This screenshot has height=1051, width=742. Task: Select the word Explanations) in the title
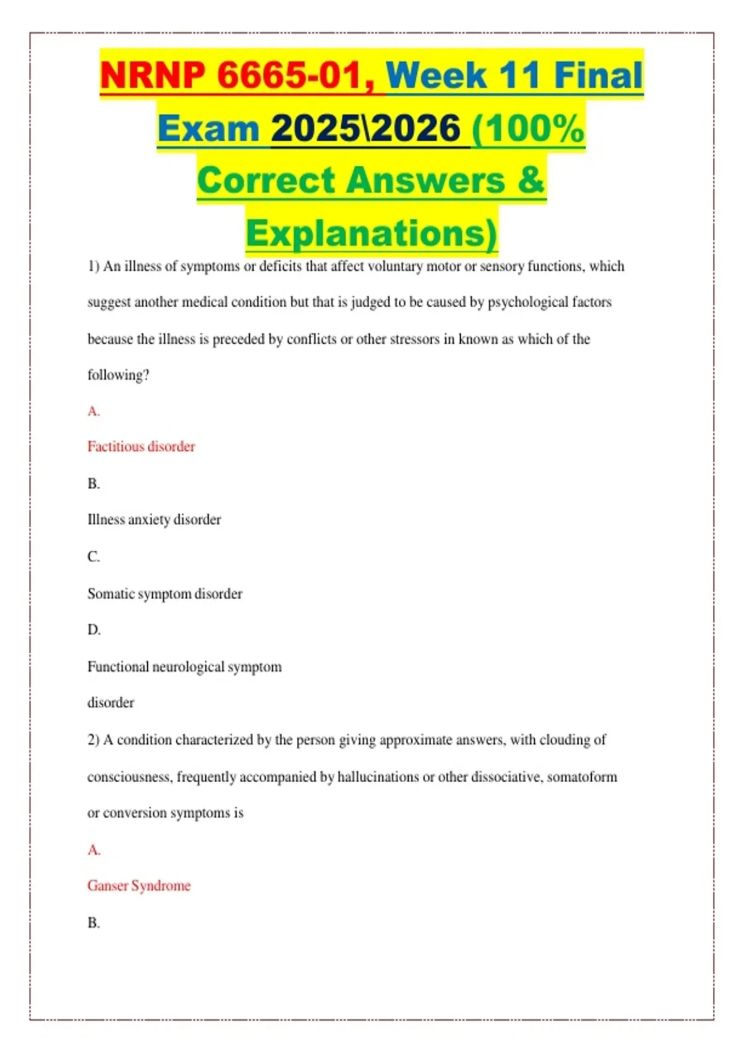tap(371, 234)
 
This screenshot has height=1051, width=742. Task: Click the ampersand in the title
tap(531, 181)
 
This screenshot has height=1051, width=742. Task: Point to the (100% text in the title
tap(527, 129)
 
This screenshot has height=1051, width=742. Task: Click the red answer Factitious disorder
tap(141, 446)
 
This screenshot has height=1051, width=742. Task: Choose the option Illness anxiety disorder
tap(154, 519)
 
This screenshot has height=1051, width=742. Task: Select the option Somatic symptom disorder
tap(164, 594)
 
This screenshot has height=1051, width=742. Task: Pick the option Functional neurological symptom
tap(184, 666)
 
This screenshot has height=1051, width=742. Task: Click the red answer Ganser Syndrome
tap(139, 885)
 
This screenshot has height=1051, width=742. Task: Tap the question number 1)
tap(93, 266)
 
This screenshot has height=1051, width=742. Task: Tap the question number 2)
tap(93, 740)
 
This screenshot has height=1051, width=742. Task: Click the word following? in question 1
tap(118, 375)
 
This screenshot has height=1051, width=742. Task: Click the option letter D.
tap(93, 630)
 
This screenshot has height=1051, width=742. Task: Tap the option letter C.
tap(93, 557)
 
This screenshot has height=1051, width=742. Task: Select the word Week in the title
tap(437, 75)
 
